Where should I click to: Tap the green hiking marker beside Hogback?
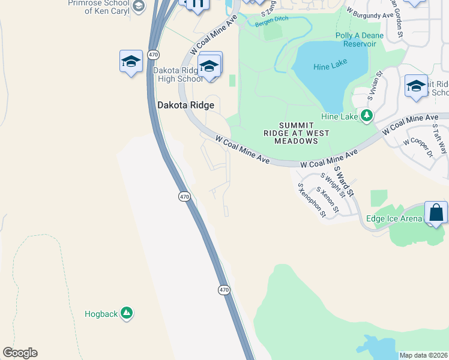[x=126, y=313]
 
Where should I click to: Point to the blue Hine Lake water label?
[x=330, y=67]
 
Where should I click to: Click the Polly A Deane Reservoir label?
[x=360, y=40]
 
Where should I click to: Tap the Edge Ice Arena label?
[x=394, y=218]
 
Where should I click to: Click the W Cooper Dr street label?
[x=418, y=146]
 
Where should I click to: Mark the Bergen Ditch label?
[x=272, y=19]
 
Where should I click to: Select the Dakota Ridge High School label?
[x=178, y=74]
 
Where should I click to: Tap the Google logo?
[x=20, y=353]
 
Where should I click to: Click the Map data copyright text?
[x=423, y=355]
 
